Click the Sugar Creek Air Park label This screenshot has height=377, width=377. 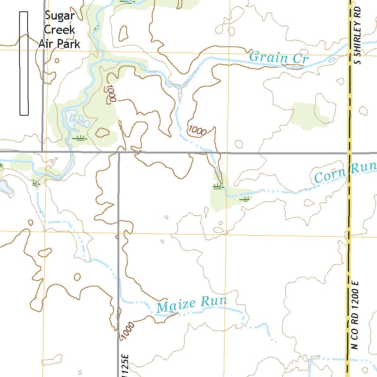60,30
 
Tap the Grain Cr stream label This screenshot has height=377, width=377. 279,58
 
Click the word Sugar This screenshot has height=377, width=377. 60,16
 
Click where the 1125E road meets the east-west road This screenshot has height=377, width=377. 119,152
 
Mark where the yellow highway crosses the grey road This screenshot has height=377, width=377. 349,152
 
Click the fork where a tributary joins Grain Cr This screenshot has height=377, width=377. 180,88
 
